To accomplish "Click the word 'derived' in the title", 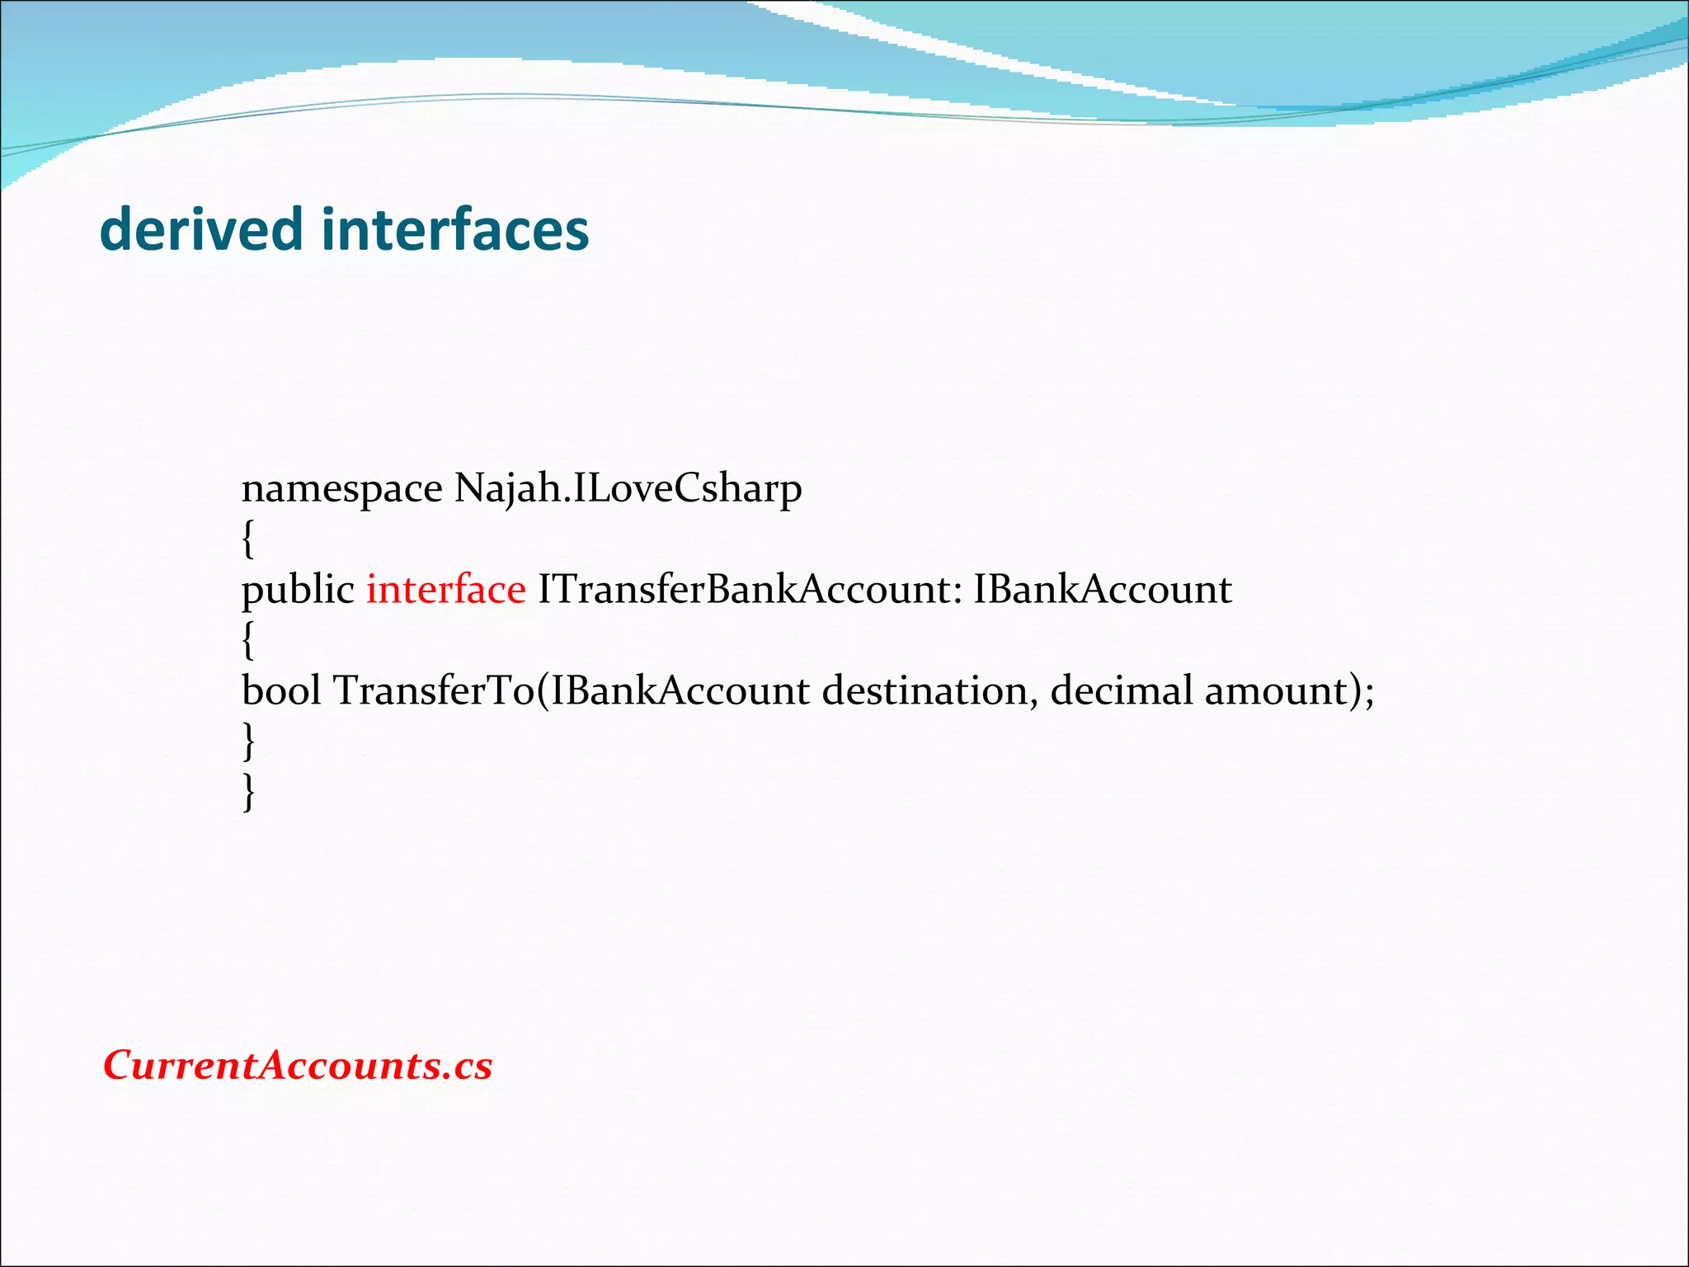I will coord(200,229).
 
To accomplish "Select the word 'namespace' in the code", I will coord(341,489).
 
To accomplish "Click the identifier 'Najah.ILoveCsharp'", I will coord(628,489).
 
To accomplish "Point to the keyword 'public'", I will coord(297,591).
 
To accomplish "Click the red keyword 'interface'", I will coord(445,591).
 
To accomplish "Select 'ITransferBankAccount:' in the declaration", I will coord(750,591).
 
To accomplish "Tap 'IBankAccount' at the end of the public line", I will coord(1102,591).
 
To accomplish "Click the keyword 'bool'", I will coord(280,691).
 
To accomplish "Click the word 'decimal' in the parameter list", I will coord(1121,691).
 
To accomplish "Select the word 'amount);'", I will coord(1289,691).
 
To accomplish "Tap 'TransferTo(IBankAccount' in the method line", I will coord(571,691).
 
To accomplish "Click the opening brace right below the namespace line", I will coord(248,540).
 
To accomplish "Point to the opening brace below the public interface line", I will coord(248,641).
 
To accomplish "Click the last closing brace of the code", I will coord(248,793).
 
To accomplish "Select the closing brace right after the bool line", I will coord(248,742).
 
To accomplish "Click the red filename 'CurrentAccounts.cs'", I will coord(298,1065).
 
